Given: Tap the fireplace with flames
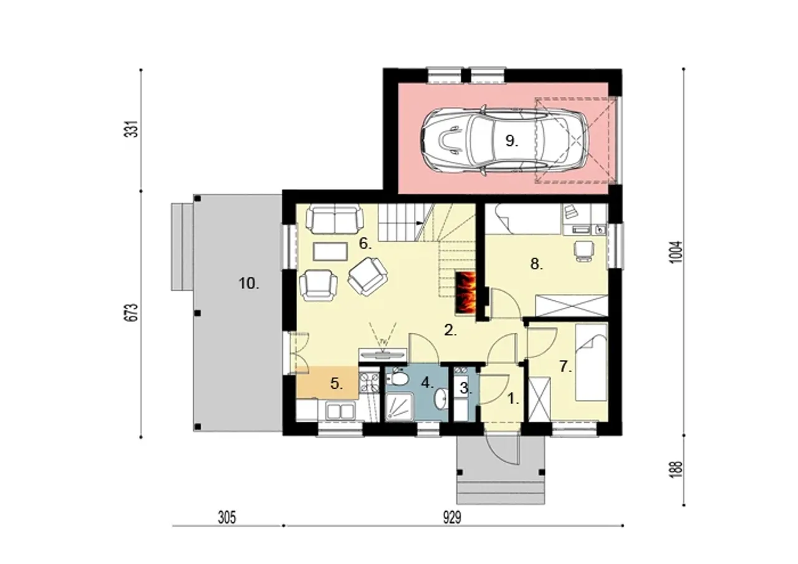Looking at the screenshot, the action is tap(465, 294).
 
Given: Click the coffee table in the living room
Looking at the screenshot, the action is tap(330, 251).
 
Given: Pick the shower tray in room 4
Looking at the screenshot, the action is tap(400, 407).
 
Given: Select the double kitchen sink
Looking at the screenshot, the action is tap(340, 411).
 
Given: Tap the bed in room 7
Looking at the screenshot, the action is tap(591, 362).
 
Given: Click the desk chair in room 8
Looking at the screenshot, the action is tap(584, 251).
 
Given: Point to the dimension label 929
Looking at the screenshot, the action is tap(452, 517).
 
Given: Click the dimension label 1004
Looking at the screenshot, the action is tap(676, 252).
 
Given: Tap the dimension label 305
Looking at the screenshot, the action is tap(227, 517).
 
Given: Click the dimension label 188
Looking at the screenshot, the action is tap(676, 469).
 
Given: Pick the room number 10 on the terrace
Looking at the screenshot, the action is tap(249, 284).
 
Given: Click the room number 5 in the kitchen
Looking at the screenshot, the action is tap(337, 384).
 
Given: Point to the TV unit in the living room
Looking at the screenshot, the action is tap(383, 354).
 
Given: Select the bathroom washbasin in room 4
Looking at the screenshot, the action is tap(441, 398).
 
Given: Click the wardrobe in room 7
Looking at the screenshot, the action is tap(539, 400).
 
